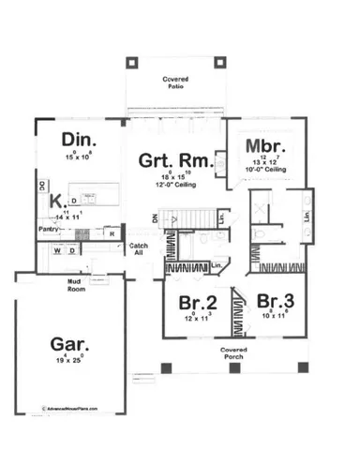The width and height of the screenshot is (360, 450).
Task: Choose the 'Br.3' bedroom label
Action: coord(276,302)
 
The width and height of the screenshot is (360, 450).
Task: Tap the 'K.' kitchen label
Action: coord(56,201)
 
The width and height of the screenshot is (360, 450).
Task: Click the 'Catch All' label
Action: coord(138,250)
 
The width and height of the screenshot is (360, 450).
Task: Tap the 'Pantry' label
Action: coord(51,228)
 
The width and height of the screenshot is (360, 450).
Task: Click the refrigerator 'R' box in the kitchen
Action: coord(111,232)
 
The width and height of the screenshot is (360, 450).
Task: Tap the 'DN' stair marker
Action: coord(157,218)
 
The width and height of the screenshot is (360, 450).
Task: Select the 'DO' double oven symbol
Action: coord(41,186)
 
